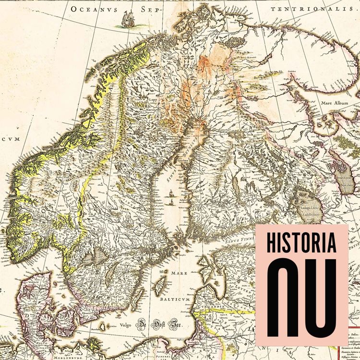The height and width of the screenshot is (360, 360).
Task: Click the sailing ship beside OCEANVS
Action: [x=128, y=20]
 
